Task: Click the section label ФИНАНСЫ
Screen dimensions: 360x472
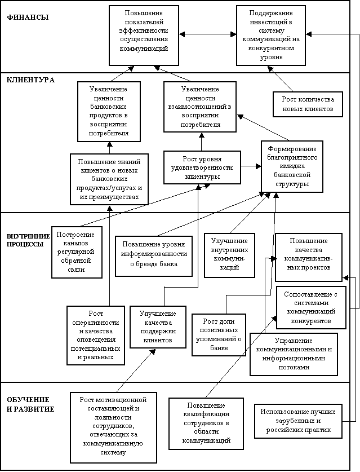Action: (x=28, y=17)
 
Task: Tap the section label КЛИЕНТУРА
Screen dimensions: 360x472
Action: (x=30, y=80)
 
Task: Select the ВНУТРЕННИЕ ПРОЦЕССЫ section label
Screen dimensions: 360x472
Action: (x=28, y=240)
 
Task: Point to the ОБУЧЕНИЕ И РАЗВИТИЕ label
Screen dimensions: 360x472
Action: (x=30, y=404)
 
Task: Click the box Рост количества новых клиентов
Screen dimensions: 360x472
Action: (x=308, y=104)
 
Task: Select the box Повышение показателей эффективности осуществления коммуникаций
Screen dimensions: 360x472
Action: (x=144, y=35)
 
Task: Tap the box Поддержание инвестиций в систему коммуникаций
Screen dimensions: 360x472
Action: (x=271, y=35)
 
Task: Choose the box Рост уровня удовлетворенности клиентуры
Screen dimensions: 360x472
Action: (x=202, y=167)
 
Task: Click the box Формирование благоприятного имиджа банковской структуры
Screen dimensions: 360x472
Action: (x=292, y=166)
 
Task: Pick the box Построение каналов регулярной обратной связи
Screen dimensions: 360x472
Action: (x=77, y=252)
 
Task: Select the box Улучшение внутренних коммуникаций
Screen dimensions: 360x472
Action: (x=229, y=255)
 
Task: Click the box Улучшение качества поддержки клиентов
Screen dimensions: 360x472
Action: (x=158, y=327)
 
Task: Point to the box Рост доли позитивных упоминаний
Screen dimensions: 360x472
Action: (x=219, y=335)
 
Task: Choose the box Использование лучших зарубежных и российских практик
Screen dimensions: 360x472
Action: (x=298, y=421)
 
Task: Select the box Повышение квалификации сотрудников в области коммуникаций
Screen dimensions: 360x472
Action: (x=206, y=424)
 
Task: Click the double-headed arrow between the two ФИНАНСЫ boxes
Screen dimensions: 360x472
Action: (x=207, y=34)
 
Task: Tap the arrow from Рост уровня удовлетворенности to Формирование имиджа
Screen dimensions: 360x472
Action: (x=251, y=166)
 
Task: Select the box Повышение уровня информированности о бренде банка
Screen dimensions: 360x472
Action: (x=154, y=256)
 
